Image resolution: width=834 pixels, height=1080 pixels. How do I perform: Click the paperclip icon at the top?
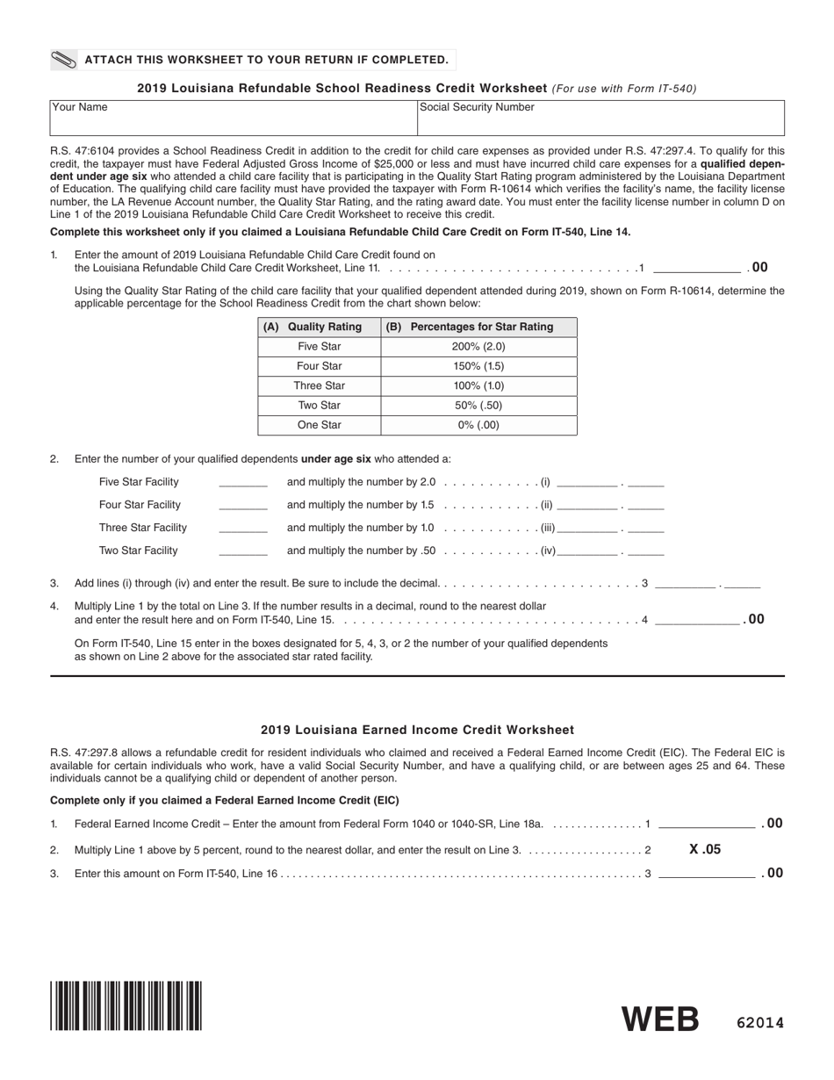coord(64,60)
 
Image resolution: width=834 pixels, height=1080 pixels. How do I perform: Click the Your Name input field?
coord(233,119)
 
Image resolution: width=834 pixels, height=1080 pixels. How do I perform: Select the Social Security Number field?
coord(600,119)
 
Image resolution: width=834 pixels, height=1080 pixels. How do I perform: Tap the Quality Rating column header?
coord(319,327)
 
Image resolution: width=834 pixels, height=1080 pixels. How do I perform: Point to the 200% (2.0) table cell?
coord(478,347)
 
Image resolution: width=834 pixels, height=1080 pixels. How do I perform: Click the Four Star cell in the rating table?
coord(319,366)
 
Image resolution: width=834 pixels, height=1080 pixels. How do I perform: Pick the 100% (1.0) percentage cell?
coord(478,385)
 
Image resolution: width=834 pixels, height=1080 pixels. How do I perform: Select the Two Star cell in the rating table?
coord(319,405)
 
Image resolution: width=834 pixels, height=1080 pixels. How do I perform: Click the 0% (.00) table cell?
coord(478,425)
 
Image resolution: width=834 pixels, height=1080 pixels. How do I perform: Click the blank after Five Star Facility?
coord(242,482)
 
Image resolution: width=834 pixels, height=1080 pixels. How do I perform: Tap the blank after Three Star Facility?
coord(242,528)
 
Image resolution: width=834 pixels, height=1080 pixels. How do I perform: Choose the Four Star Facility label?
coord(140,505)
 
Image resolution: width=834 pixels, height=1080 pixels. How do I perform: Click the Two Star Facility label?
coord(139,551)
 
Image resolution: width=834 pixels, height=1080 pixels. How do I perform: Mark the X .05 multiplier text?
coord(705,849)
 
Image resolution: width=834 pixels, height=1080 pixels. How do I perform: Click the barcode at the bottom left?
coord(126,1004)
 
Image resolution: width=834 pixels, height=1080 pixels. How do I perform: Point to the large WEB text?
coord(660,1019)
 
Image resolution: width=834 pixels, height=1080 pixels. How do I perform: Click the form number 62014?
coord(759,1023)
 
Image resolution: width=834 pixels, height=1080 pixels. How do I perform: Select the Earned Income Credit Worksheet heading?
coord(417,730)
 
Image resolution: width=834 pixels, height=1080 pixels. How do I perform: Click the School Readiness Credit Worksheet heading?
coord(342,88)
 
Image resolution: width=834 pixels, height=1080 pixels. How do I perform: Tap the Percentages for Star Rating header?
coord(478,327)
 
